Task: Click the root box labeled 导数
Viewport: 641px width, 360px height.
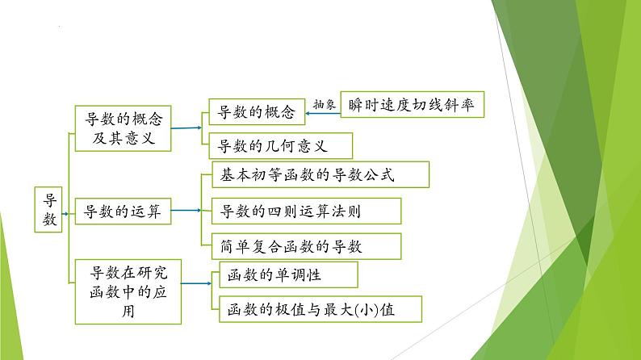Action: click(51, 210)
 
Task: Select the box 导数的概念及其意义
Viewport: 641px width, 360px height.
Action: click(124, 128)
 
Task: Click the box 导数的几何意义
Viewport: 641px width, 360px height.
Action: click(269, 146)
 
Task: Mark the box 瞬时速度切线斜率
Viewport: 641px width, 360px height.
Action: click(412, 106)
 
